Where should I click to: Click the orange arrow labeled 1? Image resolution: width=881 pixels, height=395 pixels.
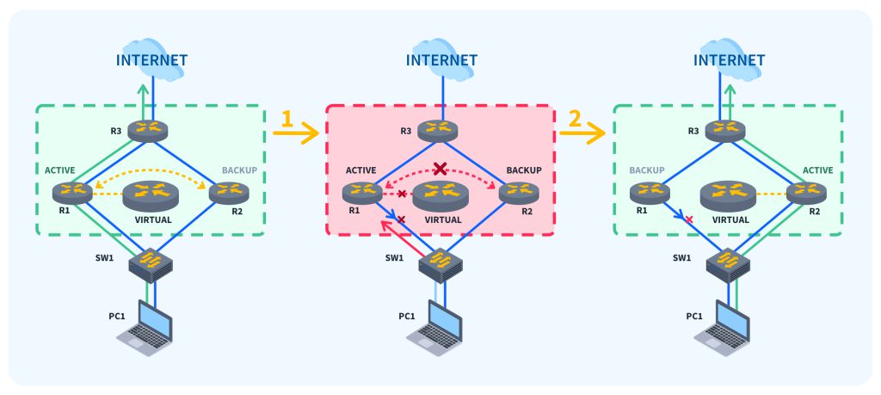tap(294, 133)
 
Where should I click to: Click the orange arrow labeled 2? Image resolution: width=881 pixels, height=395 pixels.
tap(582, 133)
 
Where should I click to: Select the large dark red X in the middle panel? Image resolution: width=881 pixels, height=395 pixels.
tap(440, 168)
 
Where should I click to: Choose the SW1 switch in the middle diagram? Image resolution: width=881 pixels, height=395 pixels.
tap(440, 265)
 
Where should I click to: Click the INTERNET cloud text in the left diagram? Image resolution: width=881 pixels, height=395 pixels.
tap(151, 60)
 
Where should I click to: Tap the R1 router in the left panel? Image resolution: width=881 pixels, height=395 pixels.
tap(72, 192)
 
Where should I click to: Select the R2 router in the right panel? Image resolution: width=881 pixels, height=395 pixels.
tap(807, 192)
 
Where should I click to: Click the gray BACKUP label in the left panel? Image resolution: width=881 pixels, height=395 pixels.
tap(240, 170)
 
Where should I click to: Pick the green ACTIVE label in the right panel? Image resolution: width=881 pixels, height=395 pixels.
tap(816, 170)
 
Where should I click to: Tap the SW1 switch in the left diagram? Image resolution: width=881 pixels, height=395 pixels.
tap(151, 265)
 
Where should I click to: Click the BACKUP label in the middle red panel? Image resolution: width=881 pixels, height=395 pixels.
tap(523, 170)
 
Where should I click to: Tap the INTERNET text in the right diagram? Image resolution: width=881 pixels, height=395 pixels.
tap(730, 60)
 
